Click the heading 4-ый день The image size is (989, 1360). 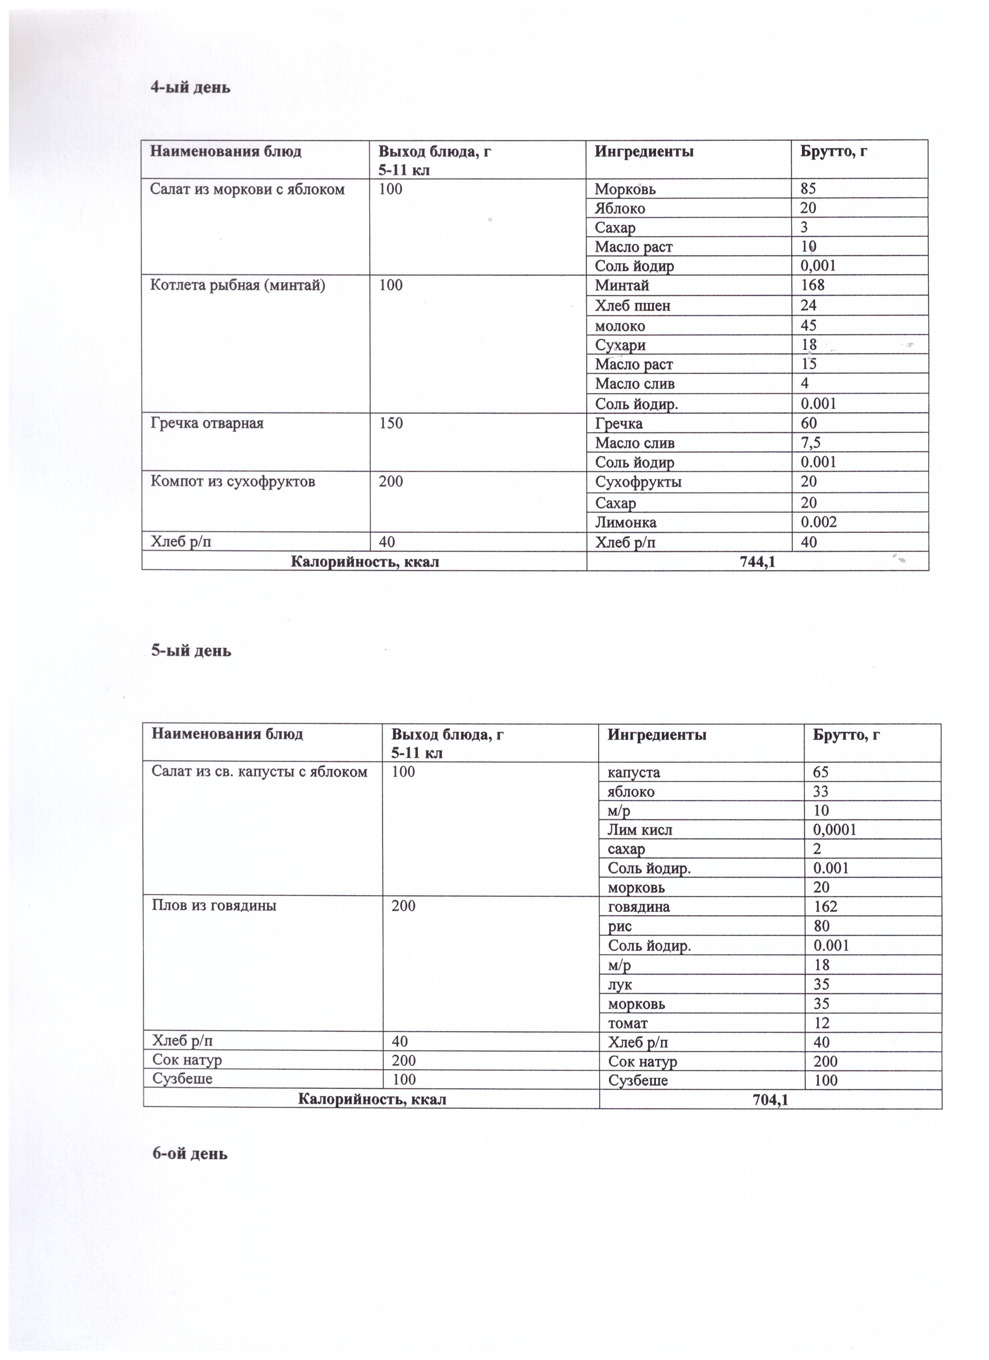point(190,88)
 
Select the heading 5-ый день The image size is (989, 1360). point(191,651)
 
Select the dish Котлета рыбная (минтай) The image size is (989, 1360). point(238,286)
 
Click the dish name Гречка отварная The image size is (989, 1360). point(207,424)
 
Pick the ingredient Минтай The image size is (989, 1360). point(622,286)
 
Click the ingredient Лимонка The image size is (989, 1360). point(625,522)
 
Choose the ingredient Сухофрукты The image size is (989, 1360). point(638,482)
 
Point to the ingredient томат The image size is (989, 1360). point(627,1023)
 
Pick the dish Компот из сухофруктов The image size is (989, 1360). point(233,482)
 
